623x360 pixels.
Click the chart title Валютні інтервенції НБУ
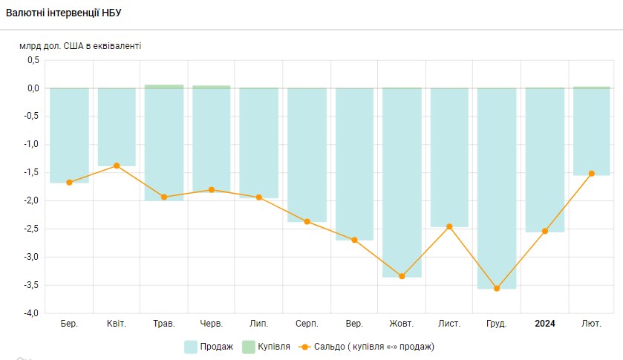click(64, 13)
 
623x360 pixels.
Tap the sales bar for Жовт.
click(402, 182)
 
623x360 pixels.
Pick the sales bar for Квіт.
click(117, 126)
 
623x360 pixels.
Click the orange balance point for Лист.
click(449, 226)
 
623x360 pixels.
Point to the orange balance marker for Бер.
click(69, 182)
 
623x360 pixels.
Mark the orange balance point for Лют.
click(592, 174)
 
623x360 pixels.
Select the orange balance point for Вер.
click(354, 240)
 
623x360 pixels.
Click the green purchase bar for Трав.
click(164, 86)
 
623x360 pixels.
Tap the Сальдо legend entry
click(367, 347)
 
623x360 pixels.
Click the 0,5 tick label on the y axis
click(32, 60)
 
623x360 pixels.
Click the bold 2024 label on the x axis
click(544, 324)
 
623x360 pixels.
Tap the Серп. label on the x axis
click(307, 324)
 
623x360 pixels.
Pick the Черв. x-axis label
click(212, 324)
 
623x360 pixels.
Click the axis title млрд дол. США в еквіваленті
click(80, 46)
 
